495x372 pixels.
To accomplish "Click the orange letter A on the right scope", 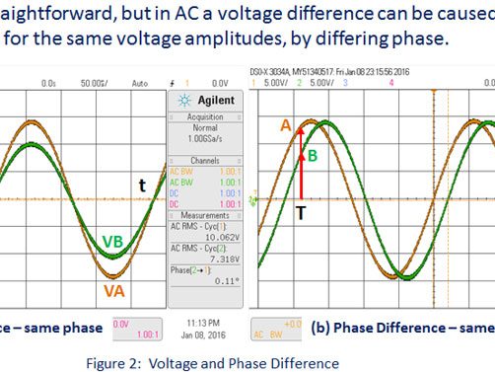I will click(x=286, y=125).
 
